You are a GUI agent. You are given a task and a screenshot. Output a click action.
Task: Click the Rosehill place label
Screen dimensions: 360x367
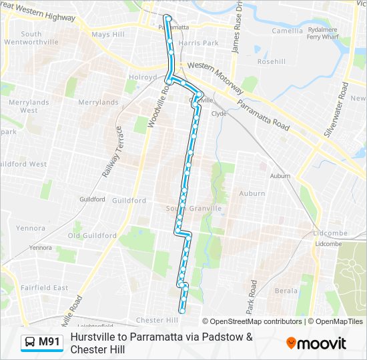[272, 61]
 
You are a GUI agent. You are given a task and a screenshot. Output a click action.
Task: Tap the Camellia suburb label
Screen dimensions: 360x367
[288, 31]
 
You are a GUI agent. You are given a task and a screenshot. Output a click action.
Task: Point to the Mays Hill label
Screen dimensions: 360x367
[108, 34]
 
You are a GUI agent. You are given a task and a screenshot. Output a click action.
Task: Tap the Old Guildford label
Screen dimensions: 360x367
[93, 235]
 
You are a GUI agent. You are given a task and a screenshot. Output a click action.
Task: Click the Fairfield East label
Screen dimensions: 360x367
[45, 287]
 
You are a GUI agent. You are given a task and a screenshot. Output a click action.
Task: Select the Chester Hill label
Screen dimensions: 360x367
[155, 320]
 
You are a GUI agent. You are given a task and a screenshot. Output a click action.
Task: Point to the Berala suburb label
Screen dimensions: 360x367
[286, 291]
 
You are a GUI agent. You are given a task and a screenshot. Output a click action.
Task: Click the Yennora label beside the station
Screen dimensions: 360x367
[40, 247]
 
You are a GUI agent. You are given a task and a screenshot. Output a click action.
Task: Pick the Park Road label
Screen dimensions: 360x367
[252, 297]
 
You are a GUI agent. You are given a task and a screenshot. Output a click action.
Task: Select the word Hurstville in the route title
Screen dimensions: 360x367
[96, 337]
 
